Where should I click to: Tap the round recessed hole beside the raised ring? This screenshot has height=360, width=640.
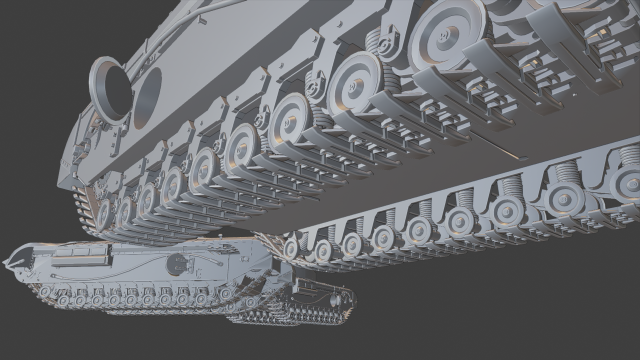(x=146, y=95)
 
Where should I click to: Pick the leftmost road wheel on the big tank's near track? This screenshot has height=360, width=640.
(x=104, y=210)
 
